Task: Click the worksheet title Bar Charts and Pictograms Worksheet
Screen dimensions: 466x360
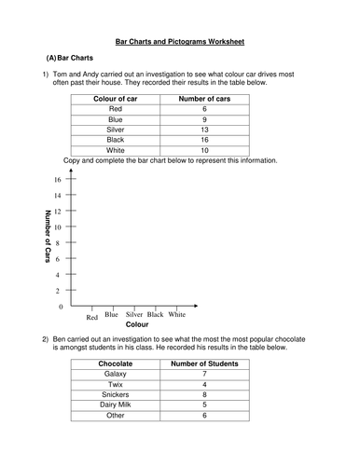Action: tap(180, 42)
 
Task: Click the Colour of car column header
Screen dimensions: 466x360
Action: tap(116, 98)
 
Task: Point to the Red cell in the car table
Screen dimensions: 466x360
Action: tap(116, 109)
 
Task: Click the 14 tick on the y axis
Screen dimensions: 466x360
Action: tap(57, 196)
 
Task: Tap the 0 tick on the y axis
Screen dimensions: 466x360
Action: tap(61, 307)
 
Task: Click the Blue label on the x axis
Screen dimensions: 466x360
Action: tap(111, 315)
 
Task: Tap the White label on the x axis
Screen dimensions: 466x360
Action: tap(176, 315)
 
